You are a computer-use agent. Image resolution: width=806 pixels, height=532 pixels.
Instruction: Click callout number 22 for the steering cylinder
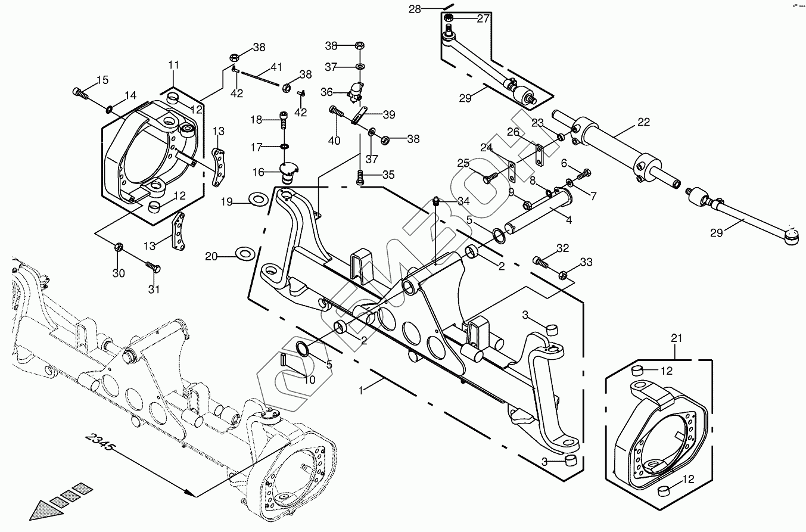pos(643,122)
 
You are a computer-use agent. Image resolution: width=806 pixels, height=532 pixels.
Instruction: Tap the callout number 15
pos(102,80)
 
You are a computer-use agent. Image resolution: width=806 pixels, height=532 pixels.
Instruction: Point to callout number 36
pos(327,92)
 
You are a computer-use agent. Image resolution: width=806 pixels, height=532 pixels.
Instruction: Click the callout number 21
pos(676,339)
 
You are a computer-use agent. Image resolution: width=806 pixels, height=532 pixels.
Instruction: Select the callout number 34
pos(463,201)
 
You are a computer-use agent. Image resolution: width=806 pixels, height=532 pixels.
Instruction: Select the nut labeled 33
pos(564,275)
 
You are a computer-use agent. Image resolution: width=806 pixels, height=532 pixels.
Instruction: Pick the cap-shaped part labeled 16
pos(289,173)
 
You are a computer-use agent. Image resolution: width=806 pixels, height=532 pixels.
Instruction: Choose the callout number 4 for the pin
pos(569,220)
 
